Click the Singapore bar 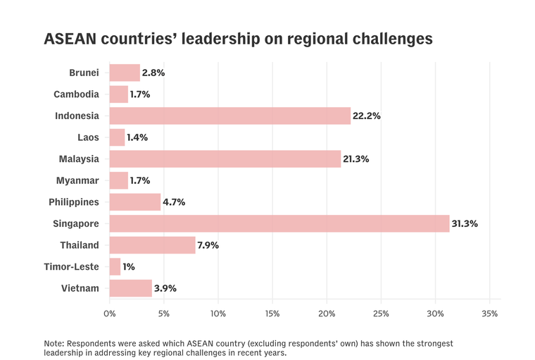pyautogui.click(x=279, y=224)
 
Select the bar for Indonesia pyautogui.click(x=229, y=116)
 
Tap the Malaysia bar pyautogui.click(x=225, y=159)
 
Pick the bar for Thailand pyautogui.click(x=152, y=245)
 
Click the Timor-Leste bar pyautogui.click(x=115, y=267)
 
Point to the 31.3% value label pyautogui.click(x=465, y=224)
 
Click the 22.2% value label pyautogui.click(x=367, y=116)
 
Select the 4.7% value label pyautogui.click(x=174, y=202)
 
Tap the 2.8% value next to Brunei pyautogui.click(x=153, y=73)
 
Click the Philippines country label pyautogui.click(x=74, y=202)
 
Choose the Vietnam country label pyautogui.click(x=81, y=288)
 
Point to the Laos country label pyautogui.click(x=87, y=137)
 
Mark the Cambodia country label pyautogui.click(x=76, y=94)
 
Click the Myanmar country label pyautogui.click(x=77, y=180)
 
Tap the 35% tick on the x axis pyautogui.click(x=490, y=313)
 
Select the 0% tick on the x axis pyautogui.click(x=110, y=313)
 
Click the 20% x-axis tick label pyautogui.click(x=327, y=313)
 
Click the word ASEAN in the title pyautogui.click(x=71, y=39)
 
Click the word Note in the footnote pyautogui.click(x=54, y=343)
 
